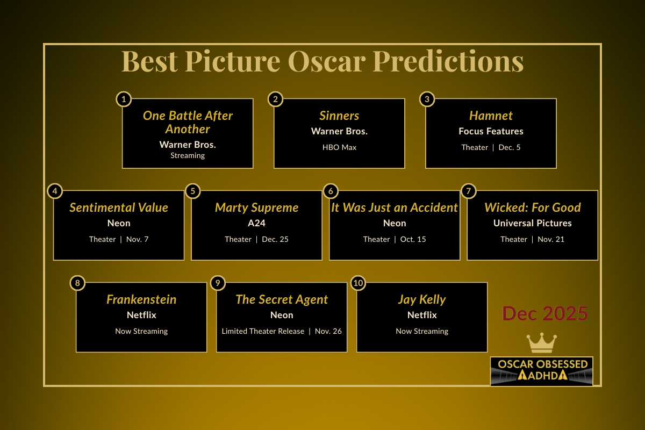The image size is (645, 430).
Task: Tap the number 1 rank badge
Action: coord(124,99)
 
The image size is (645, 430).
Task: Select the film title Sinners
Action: coord(339,116)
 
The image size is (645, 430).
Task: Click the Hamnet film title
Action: coord(491,116)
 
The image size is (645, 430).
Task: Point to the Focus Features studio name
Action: coord(491,131)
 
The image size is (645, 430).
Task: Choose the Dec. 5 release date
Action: coord(510,147)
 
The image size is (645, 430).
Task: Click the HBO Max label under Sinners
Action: coord(339,147)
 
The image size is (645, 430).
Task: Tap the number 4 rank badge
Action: coord(54,191)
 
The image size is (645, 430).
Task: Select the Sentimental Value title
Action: coord(119,207)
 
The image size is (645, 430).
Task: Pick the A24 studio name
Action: coord(256,223)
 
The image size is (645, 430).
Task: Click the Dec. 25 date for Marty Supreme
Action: coord(275,239)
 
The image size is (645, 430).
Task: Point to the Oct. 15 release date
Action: coord(413,239)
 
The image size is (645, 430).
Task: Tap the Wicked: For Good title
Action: coord(533,207)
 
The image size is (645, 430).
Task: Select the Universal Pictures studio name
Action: coord(533,223)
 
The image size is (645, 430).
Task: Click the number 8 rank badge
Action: coord(77,283)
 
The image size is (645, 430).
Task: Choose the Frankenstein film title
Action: coord(141,299)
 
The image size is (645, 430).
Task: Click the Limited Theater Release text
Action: coord(263,331)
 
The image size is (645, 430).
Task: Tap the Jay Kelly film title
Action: coord(422,299)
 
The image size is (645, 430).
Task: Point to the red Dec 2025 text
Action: coord(545,313)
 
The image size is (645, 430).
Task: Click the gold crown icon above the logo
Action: coord(542,343)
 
